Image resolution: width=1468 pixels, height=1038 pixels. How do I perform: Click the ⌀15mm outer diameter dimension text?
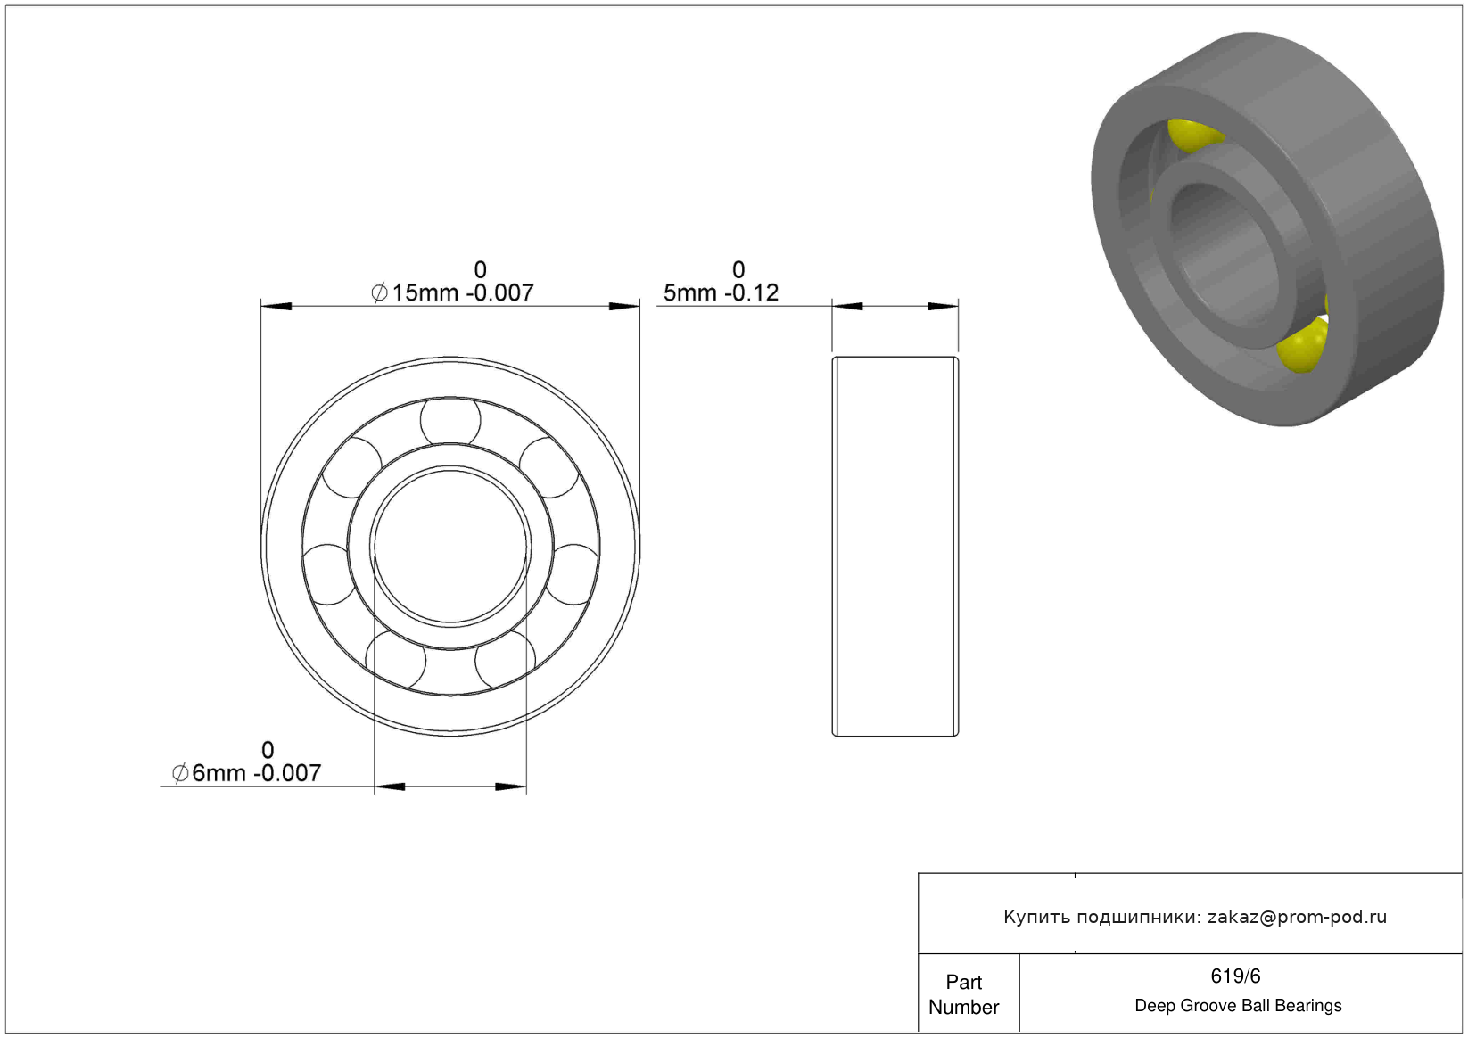pyautogui.click(x=452, y=292)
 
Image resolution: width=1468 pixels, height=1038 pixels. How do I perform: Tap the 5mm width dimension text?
pyautogui.click(x=721, y=292)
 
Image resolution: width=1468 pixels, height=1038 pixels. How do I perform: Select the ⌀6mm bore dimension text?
pyautogui.click(x=246, y=772)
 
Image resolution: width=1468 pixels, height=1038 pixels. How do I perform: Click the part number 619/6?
pyautogui.click(x=1235, y=976)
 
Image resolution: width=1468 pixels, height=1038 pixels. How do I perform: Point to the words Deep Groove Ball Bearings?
pyautogui.click(x=1238, y=1006)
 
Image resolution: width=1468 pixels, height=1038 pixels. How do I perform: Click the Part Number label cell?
pyautogui.click(x=964, y=994)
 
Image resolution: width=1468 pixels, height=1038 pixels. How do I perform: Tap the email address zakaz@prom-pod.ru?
pyautogui.click(x=1297, y=917)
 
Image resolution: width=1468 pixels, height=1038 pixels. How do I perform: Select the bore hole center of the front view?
pyautogui.click(x=450, y=546)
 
